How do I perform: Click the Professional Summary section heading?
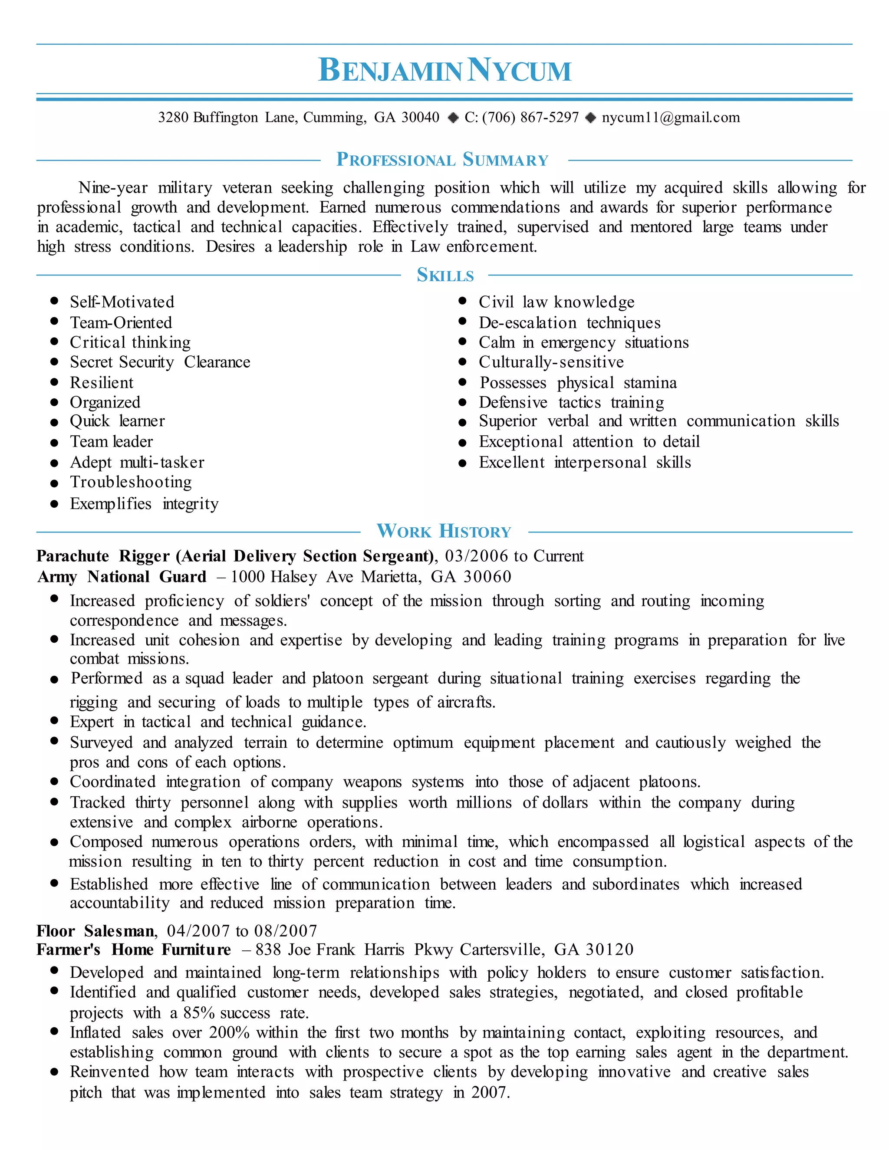pos(442,160)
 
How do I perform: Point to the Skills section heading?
pos(445,275)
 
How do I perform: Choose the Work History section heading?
pos(444,531)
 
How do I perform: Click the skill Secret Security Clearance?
pos(160,362)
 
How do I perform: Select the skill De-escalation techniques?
pos(570,323)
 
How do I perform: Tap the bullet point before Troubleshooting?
pos(54,483)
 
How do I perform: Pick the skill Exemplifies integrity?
pos(144,504)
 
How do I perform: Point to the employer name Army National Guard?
pos(122,577)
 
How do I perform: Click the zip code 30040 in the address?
pos(420,118)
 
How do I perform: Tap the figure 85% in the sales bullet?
pos(200,1013)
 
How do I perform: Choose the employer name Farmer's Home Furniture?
pos(134,950)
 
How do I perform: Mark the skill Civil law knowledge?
pos(556,302)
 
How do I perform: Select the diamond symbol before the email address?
pos(591,118)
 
